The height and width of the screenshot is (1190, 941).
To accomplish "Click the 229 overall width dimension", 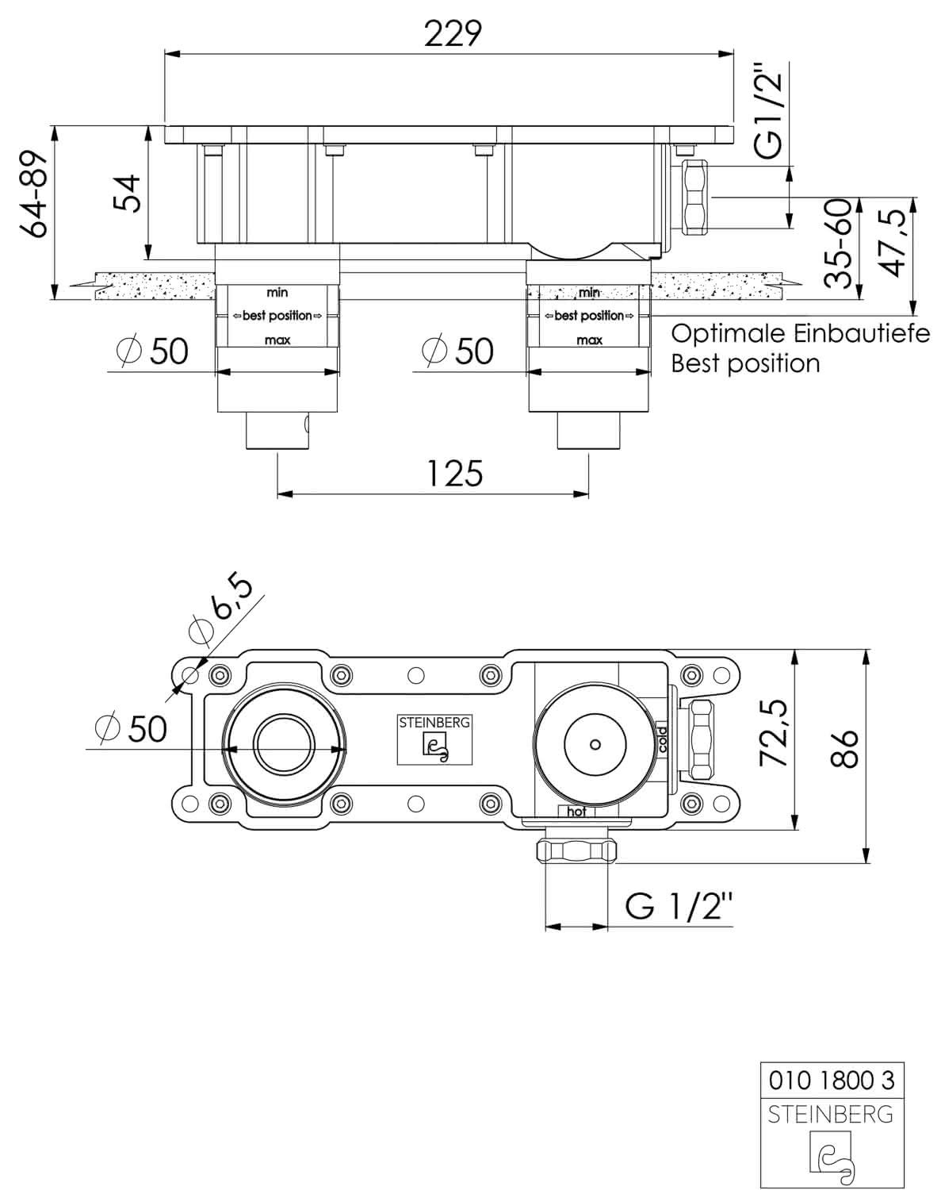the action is click(x=453, y=34).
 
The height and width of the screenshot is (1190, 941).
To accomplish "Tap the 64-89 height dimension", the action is click(x=34, y=194).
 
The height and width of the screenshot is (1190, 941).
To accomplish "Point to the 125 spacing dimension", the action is click(x=455, y=474).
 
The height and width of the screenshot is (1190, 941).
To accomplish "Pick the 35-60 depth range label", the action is click(x=838, y=244).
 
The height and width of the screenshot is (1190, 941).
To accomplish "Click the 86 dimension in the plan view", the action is click(x=845, y=749).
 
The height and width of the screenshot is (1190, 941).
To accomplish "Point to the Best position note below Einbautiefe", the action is click(x=745, y=364).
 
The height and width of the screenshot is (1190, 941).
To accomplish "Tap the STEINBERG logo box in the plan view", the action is click(x=434, y=740).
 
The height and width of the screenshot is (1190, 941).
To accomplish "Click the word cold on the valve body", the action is click(x=662, y=739).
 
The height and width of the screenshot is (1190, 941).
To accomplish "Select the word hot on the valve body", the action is click(x=576, y=812).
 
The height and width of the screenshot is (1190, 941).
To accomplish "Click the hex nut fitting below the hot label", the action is click(x=576, y=848).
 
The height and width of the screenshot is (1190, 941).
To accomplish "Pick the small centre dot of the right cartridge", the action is click(x=595, y=745).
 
